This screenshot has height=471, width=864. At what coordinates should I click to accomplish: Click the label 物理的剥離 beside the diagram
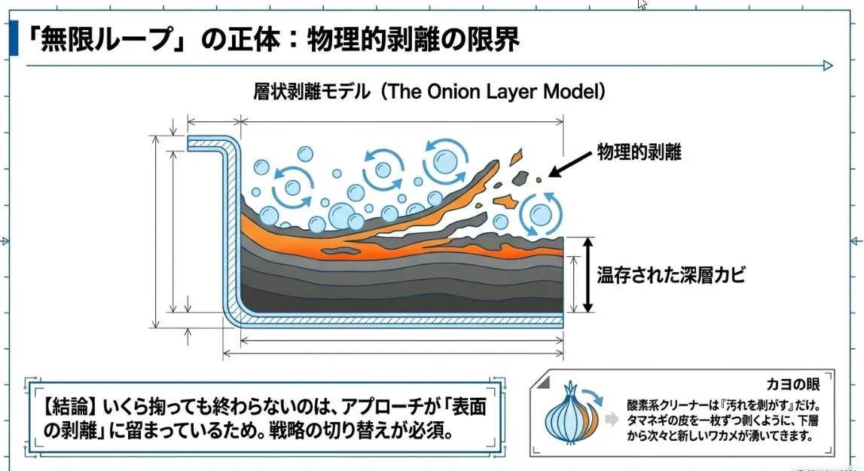pyautogui.click(x=639, y=152)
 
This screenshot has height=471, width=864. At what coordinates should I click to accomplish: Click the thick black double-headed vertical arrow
pyautogui.click(x=589, y=274)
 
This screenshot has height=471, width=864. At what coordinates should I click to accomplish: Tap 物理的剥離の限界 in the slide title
pyautogui.click(x=413, y=38)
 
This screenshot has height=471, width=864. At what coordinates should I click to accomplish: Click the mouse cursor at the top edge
pyautogui.click(x=642, y=5)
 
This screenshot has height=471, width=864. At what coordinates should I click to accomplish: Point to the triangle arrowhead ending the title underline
pyautogui.click(x=828, y=66)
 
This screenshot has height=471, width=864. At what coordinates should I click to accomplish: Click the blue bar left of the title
pyautogui.click(x=13, y=38)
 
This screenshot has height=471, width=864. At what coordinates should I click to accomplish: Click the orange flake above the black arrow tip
pyautogui.click(x=516, y=157)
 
